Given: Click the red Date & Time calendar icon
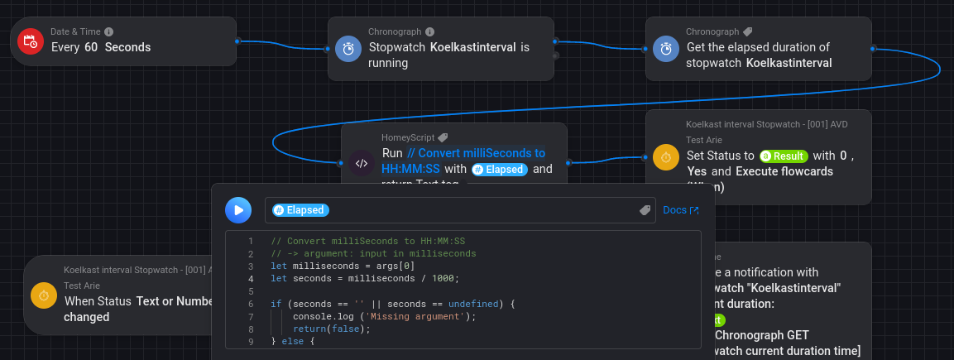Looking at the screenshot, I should pos(31,41).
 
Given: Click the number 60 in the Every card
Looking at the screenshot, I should pos(91,47).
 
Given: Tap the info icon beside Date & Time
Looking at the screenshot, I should pos(109,31).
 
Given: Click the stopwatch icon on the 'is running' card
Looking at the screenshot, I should pos(349,49).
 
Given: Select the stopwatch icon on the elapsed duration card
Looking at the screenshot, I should pos(667,49).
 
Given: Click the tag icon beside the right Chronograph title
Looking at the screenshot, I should pos(747,31).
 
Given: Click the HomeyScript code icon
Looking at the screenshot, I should pos(362,162).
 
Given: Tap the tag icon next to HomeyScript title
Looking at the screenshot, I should pos(443,137).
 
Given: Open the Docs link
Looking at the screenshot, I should pos(681,210).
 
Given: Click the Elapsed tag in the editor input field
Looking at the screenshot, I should pos(300,210).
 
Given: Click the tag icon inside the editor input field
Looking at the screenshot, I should pos(645,211).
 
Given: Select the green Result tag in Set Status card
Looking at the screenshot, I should pos(784,156).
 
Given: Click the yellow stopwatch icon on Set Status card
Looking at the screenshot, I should pos(667,156).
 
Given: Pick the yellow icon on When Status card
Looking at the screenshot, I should pos(44,295).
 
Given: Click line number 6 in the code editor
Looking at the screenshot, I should pos(250,304).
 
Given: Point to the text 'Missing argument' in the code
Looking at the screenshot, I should pos(419,316).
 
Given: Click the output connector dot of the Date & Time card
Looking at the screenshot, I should pos(237,40).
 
